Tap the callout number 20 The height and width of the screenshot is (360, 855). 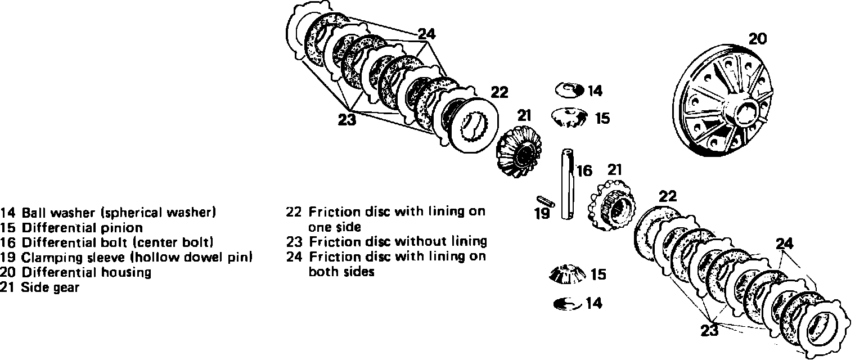[x=757, y=39]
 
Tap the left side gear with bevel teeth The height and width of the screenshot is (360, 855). [x=516, y=152]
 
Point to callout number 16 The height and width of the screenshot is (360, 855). [x=584, y=170]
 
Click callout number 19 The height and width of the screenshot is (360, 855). [x=541, y=214]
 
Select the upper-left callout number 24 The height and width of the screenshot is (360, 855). [x=427, y=34]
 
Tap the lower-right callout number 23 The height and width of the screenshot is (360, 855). [x=710, y=330]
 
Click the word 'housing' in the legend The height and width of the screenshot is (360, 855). [x=129, y=273]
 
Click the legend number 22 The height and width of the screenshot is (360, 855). [x=294, y=212]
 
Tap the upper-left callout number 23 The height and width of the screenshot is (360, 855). [x=347, y=119]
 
